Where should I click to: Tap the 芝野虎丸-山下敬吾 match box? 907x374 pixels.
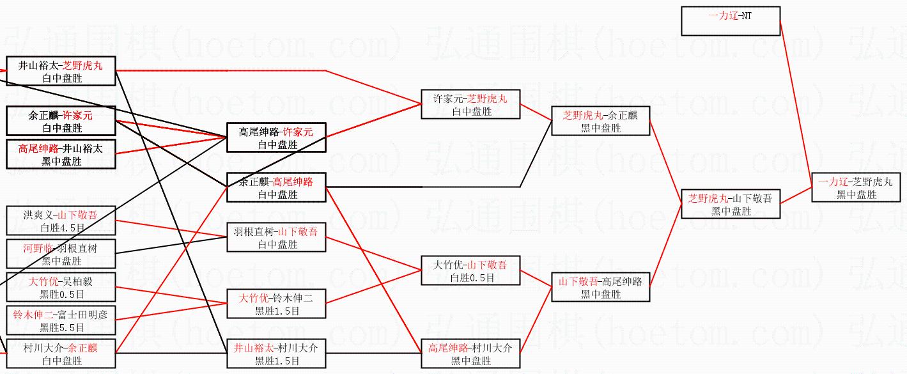(x=731, y=204)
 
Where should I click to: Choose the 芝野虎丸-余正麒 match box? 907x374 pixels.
(x=600, y=121)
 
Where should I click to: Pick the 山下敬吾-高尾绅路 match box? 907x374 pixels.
(x=600, y=288)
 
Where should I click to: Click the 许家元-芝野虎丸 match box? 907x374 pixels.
(x=470, y=104)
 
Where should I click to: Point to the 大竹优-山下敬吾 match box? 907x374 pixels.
(x=470, y=271)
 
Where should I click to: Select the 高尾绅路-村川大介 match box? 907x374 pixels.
(x=470, y=354)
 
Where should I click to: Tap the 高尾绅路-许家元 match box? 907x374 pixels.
(x=276, y=137)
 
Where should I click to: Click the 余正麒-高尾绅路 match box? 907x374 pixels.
(x=276, y=187)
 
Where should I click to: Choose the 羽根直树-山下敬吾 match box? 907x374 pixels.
(x=276, y=237)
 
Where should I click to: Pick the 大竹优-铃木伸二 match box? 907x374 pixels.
(x=276, y=304)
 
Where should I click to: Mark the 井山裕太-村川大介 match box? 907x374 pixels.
(x=276, y=354)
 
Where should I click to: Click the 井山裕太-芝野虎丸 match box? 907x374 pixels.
(x=61, y=71)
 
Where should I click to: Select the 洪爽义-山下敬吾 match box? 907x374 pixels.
(x=61, y=221)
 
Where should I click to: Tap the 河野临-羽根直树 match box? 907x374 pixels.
(x=61, y=254)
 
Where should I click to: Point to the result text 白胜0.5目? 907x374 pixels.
(x=472, y=278)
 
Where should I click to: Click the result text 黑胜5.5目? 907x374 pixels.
(x=61, y=328)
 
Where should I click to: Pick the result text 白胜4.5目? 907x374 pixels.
(x=61, y=228)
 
